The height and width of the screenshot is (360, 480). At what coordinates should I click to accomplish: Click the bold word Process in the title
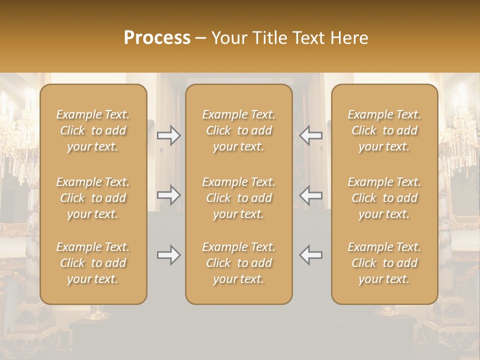coord(157,38)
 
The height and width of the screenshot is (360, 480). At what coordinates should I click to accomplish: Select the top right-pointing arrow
coord(168,135)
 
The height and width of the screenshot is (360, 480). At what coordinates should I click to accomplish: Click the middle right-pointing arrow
coord(168,195)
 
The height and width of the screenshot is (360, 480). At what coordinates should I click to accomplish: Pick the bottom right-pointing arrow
coord(168,255)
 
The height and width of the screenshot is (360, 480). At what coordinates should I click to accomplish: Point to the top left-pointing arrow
coord(311,135)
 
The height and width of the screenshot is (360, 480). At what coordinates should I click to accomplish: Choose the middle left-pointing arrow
coord(311,195)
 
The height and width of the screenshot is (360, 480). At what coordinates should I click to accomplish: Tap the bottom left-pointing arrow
coord(311,255)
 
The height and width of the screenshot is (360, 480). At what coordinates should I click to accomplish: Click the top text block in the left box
coord(93,130)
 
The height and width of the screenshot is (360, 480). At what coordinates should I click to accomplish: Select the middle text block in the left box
coord(93,198)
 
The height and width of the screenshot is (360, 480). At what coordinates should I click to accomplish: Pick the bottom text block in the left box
coord(93,263)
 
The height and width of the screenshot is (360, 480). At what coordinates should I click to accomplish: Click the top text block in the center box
coord(239,130)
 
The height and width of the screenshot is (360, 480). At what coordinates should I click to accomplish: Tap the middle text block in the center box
coord(239,198)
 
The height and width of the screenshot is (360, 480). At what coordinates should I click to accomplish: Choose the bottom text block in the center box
coord(239,263)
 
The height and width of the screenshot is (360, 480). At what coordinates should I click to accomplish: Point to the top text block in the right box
coord(384,130)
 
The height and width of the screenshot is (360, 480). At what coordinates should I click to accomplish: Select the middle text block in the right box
coord(384,198)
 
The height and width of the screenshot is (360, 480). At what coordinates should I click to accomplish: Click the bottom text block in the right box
coord(384,263)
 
